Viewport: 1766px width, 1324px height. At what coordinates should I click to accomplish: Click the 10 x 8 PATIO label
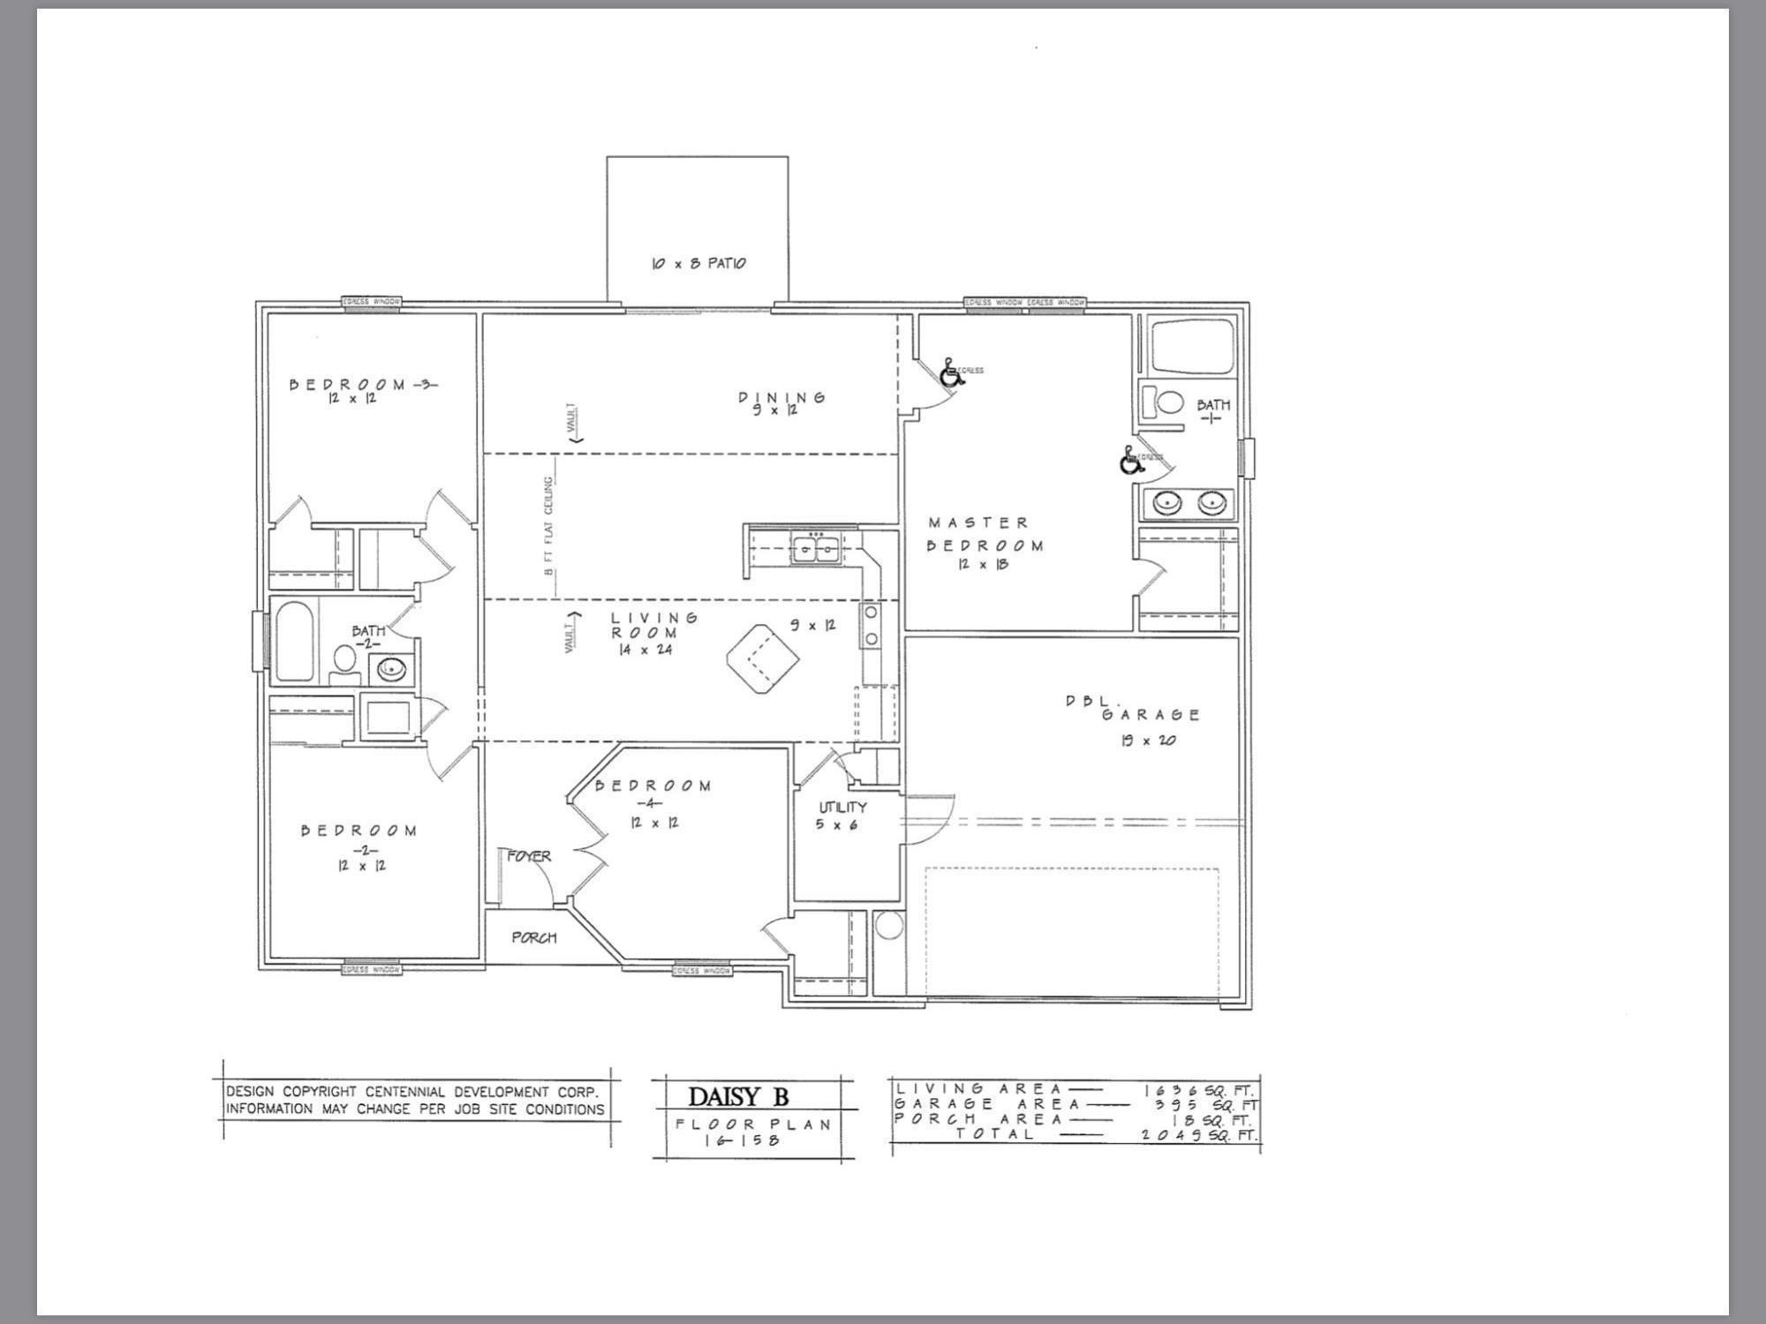pos(698,263)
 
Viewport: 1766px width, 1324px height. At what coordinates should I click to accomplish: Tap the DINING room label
pos(781,397)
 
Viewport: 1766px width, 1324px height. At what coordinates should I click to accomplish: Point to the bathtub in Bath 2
pos(295,640)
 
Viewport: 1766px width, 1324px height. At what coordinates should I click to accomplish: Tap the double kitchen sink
pos(815,549)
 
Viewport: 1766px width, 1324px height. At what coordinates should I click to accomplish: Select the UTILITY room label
pos(842,807)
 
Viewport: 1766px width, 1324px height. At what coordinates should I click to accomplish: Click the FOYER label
pos(529,856)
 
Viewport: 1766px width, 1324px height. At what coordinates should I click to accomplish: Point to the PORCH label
pos(534,937)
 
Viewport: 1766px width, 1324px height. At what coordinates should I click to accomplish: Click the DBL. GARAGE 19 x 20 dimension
pos(1148,741)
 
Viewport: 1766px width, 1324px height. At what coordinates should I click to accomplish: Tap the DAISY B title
pos(737,1097)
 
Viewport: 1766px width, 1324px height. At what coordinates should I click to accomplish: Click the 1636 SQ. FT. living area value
pos(1199,1090)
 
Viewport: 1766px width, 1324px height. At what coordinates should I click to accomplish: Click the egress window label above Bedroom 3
pos(371,303)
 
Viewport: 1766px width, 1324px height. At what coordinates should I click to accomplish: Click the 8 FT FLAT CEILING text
pos(549,526)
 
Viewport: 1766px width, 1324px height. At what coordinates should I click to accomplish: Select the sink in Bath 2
pos(389,669)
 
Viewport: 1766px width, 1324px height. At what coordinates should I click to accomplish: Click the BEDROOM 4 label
pos(653,786)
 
